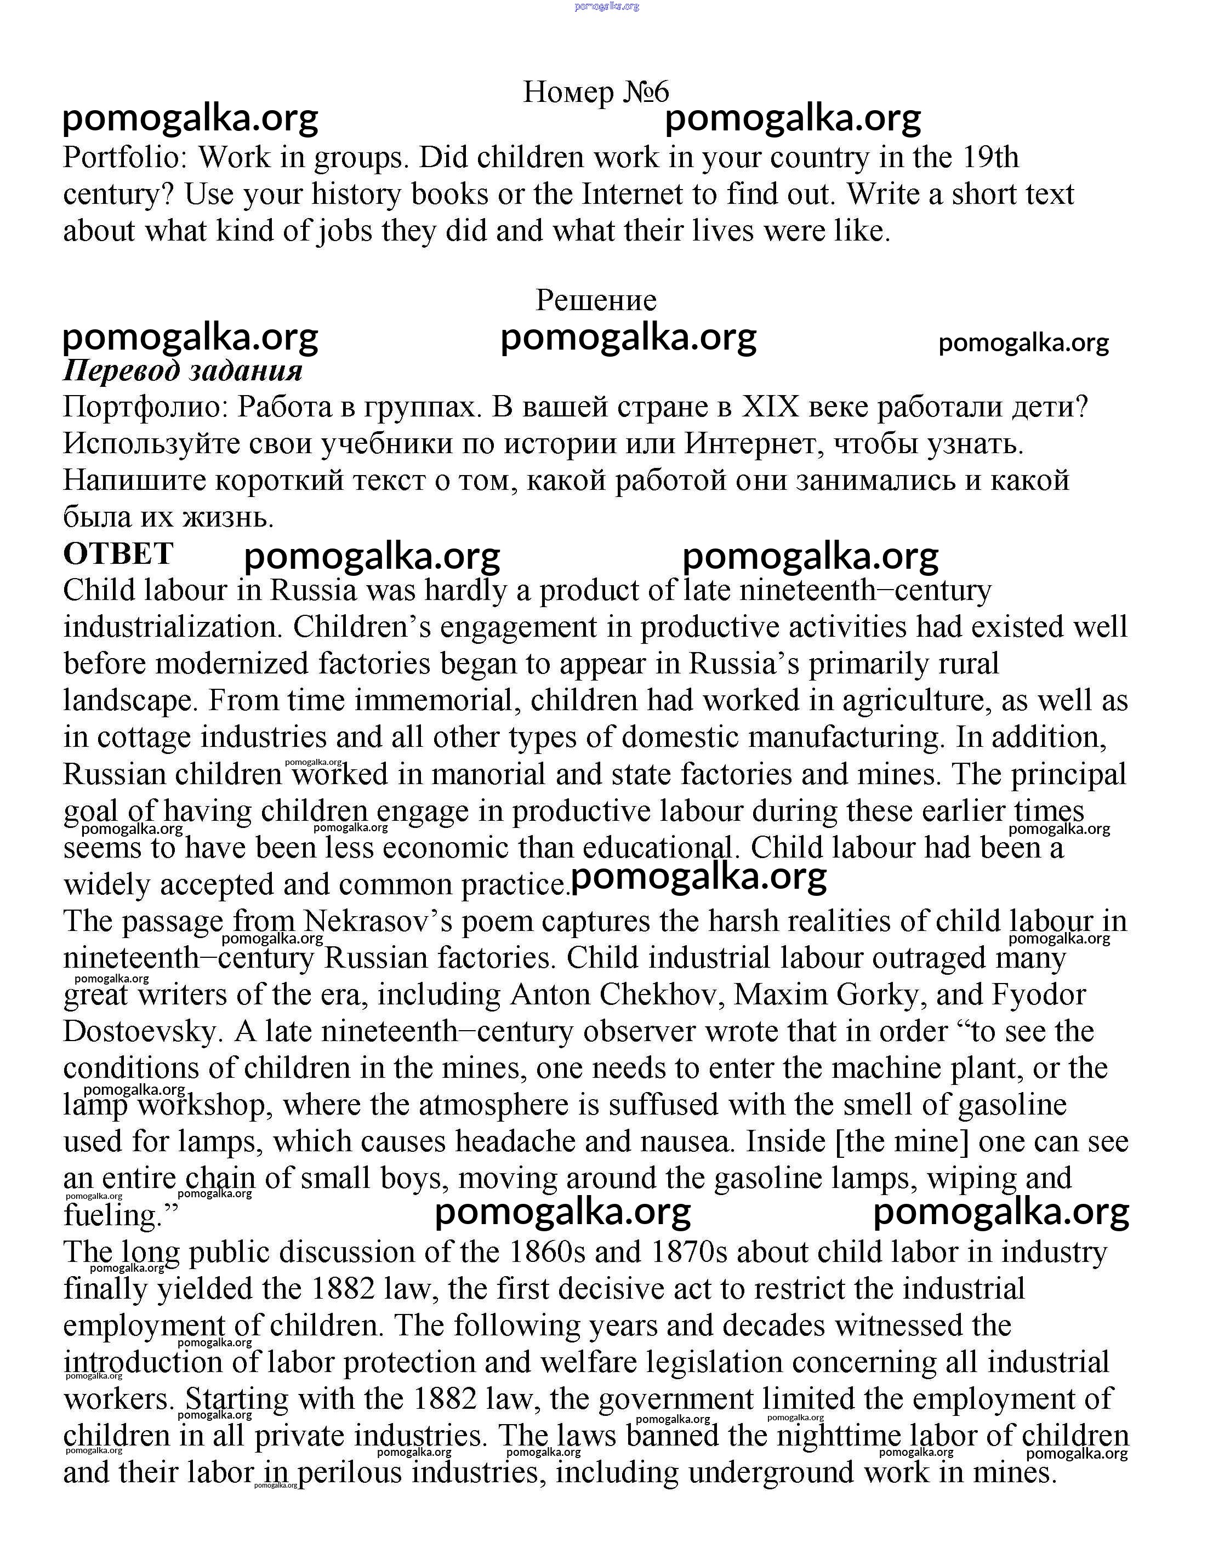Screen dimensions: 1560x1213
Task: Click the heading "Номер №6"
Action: (x=596, y=92)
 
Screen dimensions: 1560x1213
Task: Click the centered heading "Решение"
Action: (x=596, y=300)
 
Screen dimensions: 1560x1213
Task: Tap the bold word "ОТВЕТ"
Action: (x=118, y=553)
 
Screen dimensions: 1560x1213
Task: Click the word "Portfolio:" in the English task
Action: (x=125, y=158)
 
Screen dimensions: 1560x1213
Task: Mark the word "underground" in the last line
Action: (x=772, y=1473)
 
